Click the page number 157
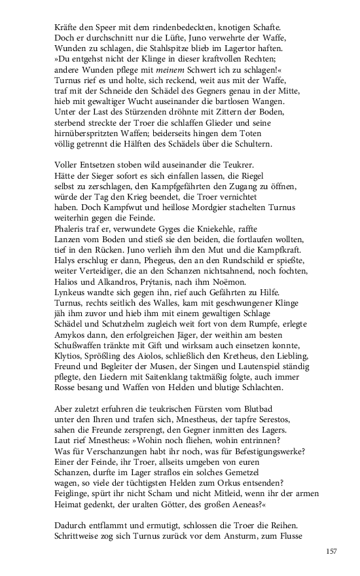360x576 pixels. [x=331, y=552]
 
